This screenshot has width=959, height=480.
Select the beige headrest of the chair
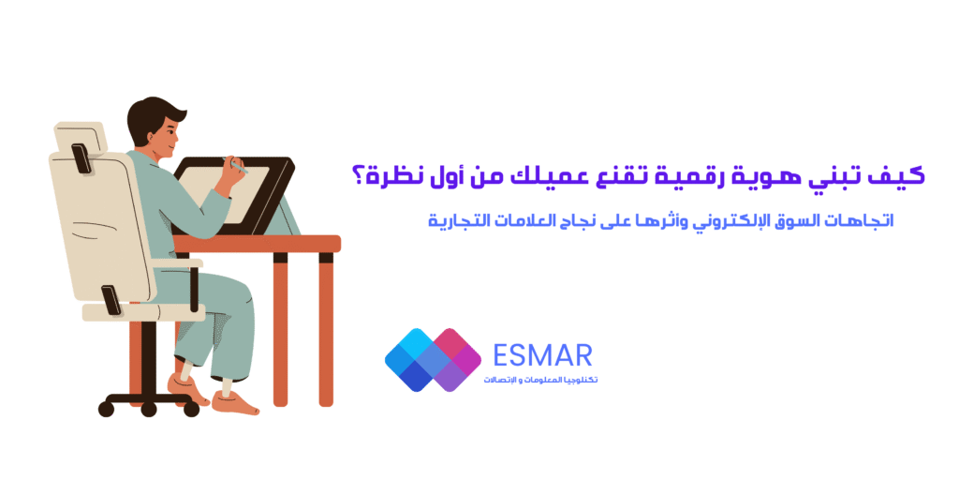tap(81, 137)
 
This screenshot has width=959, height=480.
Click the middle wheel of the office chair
tap(149, 409)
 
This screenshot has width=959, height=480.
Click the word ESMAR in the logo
tap(542, 355)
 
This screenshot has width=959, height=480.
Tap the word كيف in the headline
tap(904, 176)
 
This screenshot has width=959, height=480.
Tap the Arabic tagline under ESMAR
tap(540, 381)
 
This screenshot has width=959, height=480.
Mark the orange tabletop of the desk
tap(257, 244)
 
